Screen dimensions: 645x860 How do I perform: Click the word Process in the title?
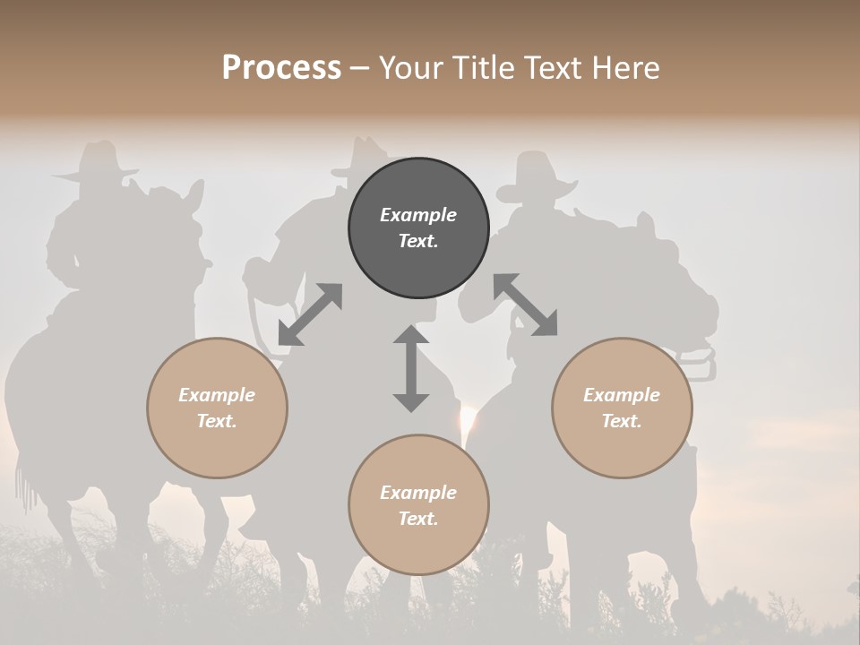click(x=281, y=68)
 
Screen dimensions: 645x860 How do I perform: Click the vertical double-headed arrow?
click(x=411, y=368)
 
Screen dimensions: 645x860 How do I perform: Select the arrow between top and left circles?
click(x=310, y=314)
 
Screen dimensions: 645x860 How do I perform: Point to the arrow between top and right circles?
click(x=526, y=305)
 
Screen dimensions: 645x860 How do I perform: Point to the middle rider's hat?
click(x=365, y=155)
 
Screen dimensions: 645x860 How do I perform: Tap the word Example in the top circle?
click(x=418, y=215)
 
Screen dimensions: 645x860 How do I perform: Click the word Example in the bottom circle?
click(x=418, y=493)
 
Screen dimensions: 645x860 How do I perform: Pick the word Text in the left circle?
click(x=217, y=421)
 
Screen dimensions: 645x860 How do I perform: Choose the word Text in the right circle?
click(x=622, y=421)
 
